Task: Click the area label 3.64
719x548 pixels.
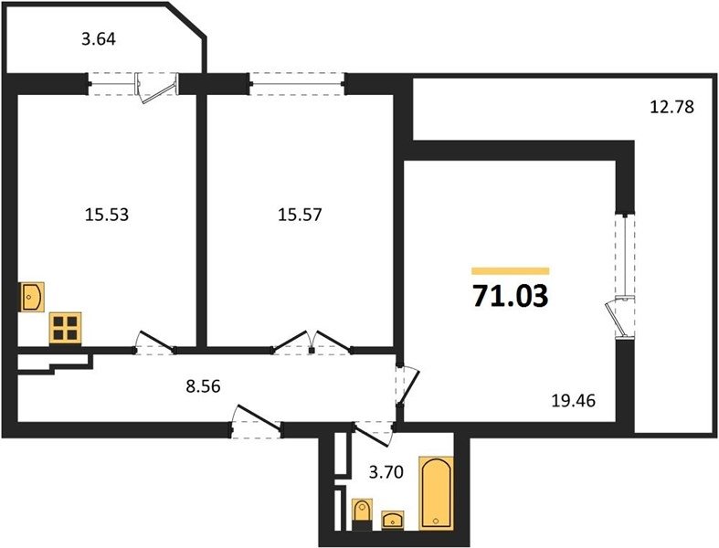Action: [99, 39]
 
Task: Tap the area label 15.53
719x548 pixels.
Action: [107, 214]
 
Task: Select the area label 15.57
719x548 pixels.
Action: [300, 214]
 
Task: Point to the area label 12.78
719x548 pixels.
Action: [672, 107]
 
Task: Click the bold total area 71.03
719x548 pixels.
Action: [511, 296]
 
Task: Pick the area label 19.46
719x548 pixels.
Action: [573, 401]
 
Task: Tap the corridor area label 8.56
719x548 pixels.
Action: [203, 386]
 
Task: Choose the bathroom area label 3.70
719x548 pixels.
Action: [386, 471]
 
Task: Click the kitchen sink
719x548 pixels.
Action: [32, 297]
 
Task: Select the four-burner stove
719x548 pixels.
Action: [65, 328]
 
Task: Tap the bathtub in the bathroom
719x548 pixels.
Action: [437, 493]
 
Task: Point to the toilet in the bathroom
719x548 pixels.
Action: [363, 515]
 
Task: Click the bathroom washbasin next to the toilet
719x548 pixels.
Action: [393, 521]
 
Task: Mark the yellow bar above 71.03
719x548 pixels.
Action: [511, 271]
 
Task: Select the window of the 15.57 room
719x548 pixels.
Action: [298, 84]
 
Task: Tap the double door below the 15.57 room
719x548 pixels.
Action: [312, 342]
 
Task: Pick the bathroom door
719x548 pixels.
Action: [374, 433]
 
